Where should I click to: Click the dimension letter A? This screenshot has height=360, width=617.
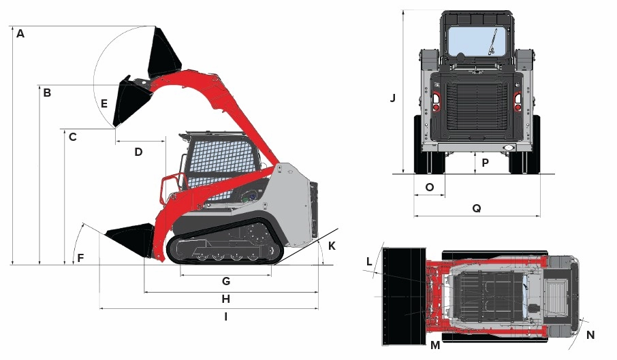point(20,33)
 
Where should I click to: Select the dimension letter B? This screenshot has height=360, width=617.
point(47,93)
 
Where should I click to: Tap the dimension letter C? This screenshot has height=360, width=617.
point(72,137)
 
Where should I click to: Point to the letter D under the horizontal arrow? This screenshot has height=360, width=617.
point(138,152)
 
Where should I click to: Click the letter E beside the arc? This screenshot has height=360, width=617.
point(104,104)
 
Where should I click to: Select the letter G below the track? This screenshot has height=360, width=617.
point(226,280)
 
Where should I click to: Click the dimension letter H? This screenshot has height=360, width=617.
point(226,299)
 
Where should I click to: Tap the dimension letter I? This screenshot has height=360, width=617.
point(225,316)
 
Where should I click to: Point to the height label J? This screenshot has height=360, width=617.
point(393,98)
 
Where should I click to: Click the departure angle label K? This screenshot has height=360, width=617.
point(332,246)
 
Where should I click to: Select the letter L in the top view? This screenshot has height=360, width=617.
point(369,261)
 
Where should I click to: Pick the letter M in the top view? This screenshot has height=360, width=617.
point(435,346)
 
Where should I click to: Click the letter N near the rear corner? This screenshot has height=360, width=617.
point(590,335)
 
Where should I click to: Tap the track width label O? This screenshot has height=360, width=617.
point(429,186)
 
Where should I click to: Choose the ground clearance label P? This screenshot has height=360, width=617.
point(485,163)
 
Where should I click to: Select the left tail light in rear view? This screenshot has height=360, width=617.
point(434,101)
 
